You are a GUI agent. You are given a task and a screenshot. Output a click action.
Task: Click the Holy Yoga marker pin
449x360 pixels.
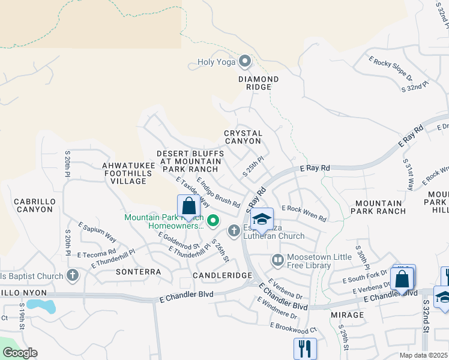point(245,61)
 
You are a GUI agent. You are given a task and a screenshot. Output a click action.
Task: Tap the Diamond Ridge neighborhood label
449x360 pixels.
point(258,83)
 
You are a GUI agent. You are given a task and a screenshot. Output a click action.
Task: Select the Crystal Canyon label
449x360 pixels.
point(243,137)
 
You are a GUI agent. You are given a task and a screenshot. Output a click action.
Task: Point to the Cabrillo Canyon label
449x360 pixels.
point(35,205)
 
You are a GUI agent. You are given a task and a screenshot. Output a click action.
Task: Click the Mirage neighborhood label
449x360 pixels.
point(347,314)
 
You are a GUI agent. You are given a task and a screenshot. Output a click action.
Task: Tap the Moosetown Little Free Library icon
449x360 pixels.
point(277,260)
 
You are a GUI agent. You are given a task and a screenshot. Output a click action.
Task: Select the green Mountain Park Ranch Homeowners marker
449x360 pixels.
point(210,221)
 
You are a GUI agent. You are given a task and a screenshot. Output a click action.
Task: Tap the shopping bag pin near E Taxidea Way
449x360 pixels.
point(189,206)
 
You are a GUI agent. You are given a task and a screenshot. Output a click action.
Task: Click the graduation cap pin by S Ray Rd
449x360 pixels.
point(262,220)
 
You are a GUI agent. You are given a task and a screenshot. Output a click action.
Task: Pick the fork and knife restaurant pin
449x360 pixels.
point(305,348)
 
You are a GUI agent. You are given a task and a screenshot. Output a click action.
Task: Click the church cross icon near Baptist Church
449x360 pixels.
point(73,276)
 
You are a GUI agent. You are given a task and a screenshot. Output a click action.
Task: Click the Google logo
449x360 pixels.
point(20,353)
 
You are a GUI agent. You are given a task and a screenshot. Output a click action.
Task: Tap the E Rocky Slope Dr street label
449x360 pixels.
point(390,69)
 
